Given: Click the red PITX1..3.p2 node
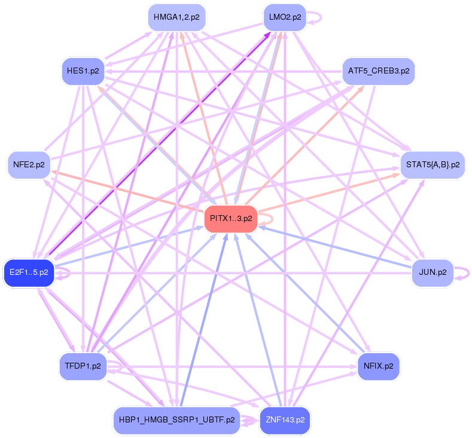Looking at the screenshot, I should (x=231, y=219).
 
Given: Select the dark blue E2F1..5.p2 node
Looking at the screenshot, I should (x=29, y=273).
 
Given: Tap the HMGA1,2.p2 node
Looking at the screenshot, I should (x=176, y=17).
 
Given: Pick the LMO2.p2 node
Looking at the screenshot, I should (x=285, y=17).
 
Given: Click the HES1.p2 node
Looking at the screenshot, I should (x=83, y=71).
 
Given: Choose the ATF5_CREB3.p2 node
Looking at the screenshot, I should (x=378, y=71).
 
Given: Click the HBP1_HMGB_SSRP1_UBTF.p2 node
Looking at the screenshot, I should (x=176, y=420).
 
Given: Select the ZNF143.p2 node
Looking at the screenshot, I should (x=285, y=420).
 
